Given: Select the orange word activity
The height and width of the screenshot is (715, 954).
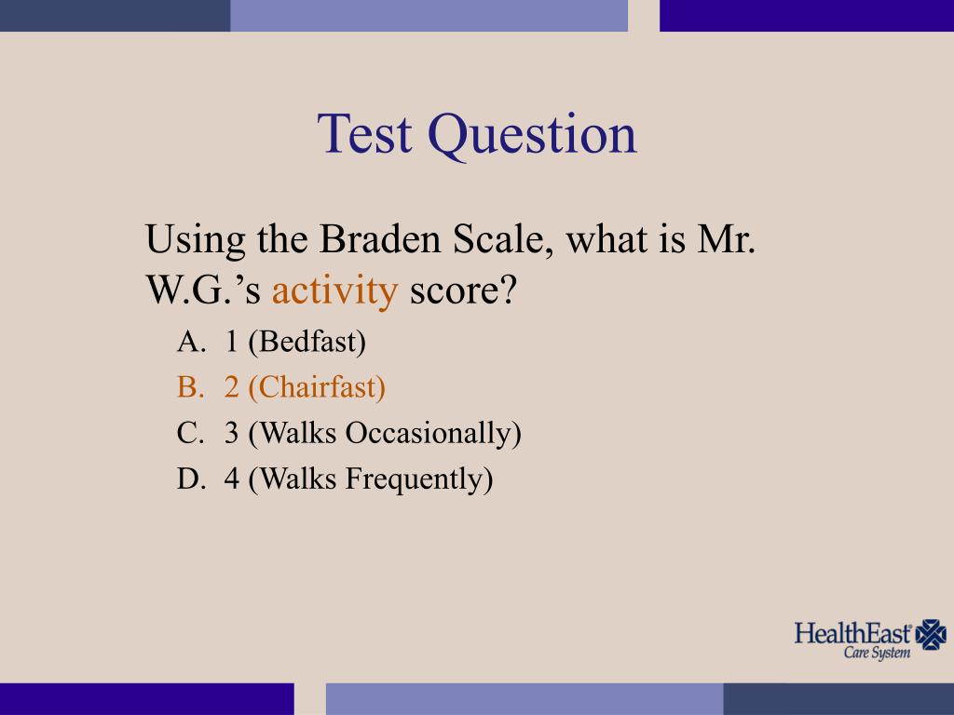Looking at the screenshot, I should (334, 291).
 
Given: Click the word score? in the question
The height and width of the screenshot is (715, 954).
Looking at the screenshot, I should (463, 291).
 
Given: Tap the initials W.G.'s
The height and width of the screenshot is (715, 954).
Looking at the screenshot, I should (204, 291).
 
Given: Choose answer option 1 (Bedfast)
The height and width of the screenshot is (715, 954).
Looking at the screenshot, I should (294, 342).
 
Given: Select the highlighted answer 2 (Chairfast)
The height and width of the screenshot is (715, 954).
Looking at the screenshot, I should (304, 387).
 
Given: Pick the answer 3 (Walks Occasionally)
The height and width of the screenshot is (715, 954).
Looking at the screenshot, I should (372, 434).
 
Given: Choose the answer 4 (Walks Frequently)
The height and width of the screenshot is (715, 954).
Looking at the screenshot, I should (358, 479).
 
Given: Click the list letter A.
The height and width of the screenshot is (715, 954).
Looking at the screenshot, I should (189, 342).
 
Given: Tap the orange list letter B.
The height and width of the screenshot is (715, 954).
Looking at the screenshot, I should (189, 387).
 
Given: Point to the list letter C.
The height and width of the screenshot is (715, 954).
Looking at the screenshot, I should (189, 434).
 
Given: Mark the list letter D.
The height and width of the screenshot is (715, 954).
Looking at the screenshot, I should (189, 479).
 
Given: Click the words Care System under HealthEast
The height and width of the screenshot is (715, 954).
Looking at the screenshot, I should (877, 653).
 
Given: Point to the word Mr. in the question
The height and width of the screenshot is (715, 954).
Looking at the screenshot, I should (725, 241).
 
